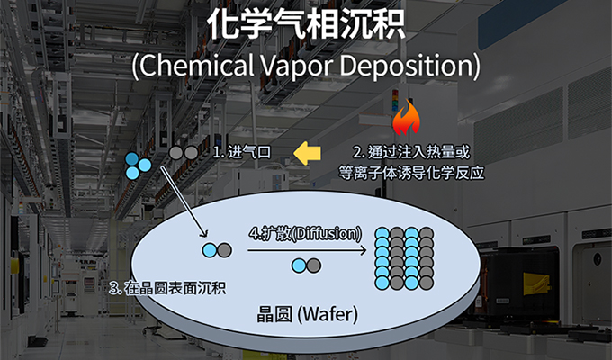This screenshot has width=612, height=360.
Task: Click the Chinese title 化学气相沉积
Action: [306, 24]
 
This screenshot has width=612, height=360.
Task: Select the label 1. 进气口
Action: [241, 153]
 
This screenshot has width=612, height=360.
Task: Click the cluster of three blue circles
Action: [138, 165]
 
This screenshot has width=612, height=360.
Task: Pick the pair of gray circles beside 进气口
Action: [184, 153]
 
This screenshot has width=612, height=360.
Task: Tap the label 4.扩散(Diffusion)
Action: [306, 233]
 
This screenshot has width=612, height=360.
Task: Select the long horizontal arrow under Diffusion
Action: [305, 250]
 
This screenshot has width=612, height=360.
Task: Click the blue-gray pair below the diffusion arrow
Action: [306, 265]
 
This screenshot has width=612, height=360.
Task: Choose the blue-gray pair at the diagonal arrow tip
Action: [216, 249]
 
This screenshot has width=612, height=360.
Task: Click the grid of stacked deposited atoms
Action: [404, 256]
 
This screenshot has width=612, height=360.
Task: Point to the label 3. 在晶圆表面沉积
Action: [166, 288]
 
